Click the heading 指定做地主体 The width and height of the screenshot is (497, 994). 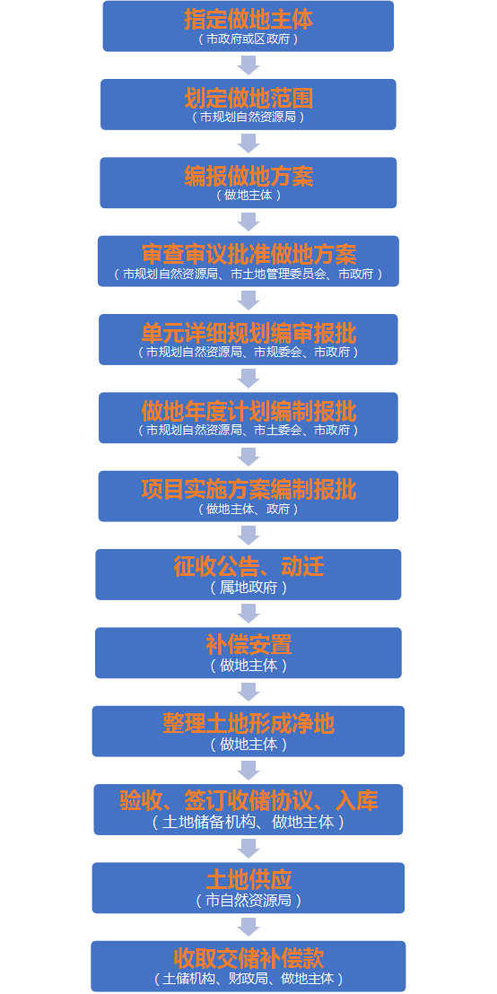(x=248, y=20)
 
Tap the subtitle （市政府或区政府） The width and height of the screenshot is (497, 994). (x=248, y=39)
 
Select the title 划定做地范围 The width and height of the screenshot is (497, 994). (x=248, y=99)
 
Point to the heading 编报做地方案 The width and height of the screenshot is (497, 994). (x=248, y=177)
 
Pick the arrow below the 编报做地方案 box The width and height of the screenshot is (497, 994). (x=248, y=222)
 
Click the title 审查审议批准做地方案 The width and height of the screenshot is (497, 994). (x=248, y=255)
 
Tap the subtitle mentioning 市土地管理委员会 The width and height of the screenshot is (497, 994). (x=248, y=275)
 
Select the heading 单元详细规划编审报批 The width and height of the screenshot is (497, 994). (x=248, y=334)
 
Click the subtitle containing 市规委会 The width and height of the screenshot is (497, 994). (x=248, y=353)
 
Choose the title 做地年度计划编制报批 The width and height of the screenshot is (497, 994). (x=248, y=412)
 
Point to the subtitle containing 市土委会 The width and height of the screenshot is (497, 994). (x=248, y=432)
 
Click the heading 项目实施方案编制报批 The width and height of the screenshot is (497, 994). (x=248, y=490)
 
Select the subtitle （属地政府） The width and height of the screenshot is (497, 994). (x=248, y=588)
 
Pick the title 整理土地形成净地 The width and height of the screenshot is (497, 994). (x=248, y=724)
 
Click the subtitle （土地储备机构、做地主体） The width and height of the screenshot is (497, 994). (x=248, y=823)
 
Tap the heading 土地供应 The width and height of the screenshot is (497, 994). (x=248, y=881)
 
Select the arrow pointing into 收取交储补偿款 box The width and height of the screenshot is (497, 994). (x=248, y=927)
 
